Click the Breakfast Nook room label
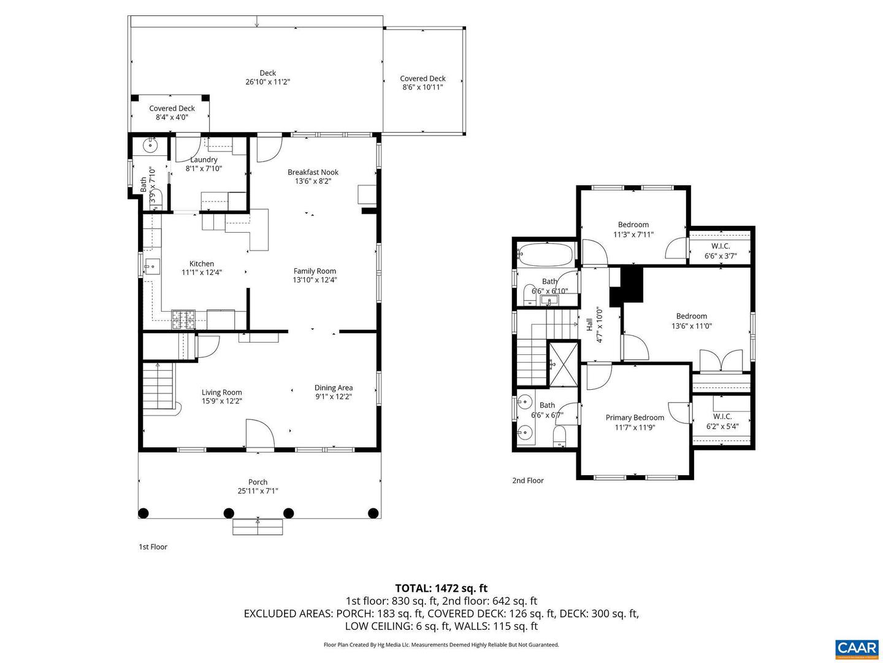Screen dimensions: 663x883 tap(313, 173)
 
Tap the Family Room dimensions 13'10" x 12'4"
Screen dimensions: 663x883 tap(315, 280)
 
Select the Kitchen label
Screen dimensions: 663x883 tap(201, 264)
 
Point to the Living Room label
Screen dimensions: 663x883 tap(221, 392)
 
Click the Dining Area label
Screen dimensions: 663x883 tap(333, 387)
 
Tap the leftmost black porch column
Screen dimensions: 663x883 tap(143, 513)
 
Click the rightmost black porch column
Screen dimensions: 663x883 tap(373, 513)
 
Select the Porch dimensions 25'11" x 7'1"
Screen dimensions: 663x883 tap(258, 491)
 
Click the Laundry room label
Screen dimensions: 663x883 tap(204, 160)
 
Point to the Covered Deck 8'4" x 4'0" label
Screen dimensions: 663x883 tap(172, 109)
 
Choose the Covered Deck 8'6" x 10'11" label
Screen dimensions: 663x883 tap(422, 79)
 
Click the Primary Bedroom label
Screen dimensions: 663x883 tap(635, 417)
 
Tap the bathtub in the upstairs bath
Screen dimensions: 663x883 tap(545, 252)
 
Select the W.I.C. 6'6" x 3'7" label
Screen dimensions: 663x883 tap(721, 246)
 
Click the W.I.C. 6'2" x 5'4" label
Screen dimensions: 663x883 tap(722, 416)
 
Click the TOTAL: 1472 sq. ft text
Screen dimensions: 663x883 tap(441, 588)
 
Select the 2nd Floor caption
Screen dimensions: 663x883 tap(528, 481)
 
